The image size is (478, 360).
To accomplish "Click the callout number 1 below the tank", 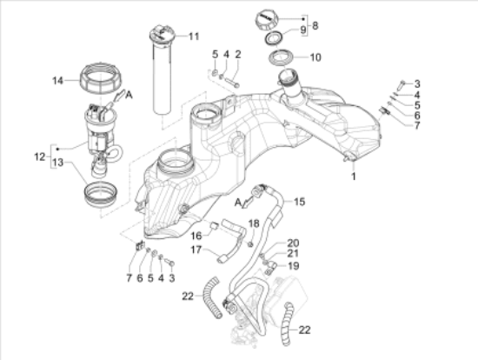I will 354,177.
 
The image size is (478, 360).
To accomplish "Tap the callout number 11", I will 193,37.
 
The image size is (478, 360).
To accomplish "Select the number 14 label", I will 58,80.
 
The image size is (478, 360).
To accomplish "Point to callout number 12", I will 38,157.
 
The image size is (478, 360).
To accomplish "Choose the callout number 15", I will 299,203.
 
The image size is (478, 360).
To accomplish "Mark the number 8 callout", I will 314,25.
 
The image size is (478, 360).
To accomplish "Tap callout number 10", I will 314,58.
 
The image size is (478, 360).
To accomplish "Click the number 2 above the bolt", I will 237,56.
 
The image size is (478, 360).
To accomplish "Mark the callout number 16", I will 196,235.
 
